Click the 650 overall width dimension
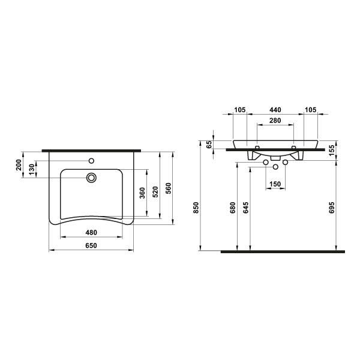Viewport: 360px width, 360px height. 92,245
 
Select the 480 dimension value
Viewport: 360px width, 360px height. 92,233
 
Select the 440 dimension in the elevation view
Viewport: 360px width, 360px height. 275,110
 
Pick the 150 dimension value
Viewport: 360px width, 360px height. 275,184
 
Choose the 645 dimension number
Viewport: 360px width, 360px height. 246,207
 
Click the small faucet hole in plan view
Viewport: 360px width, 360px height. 92,161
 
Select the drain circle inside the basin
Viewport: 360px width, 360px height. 92,178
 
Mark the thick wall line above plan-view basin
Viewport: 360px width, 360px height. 92,150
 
